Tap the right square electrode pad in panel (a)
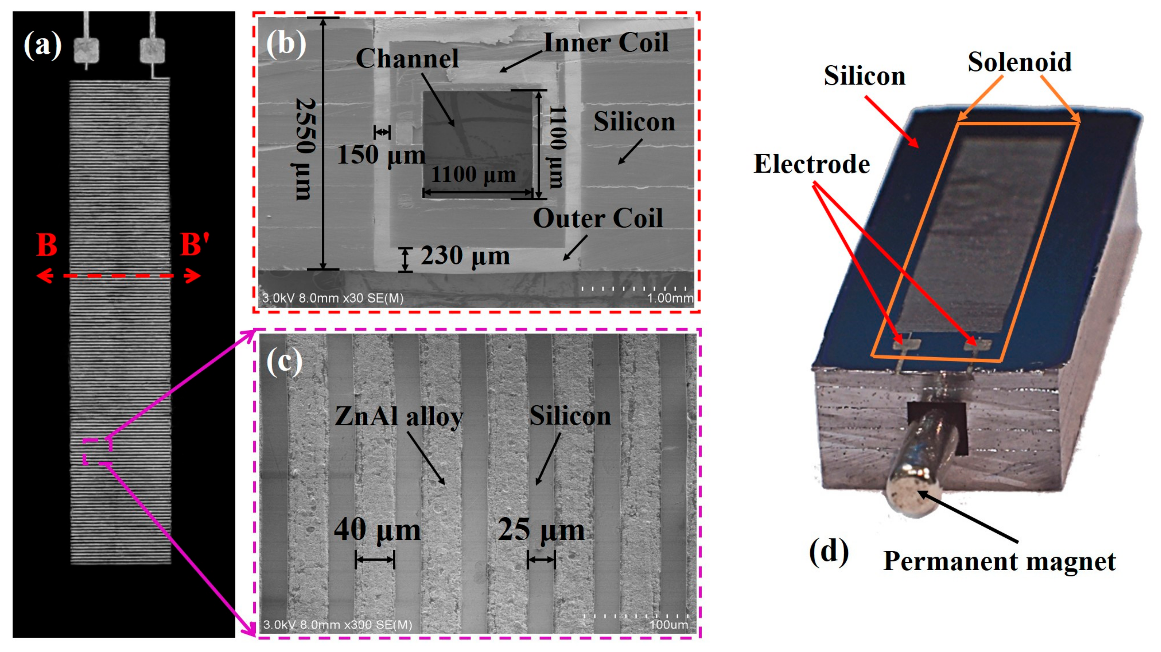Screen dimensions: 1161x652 (152, 50)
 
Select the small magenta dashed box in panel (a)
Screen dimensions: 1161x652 (97, 452)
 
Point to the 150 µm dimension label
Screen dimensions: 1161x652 (381, 155)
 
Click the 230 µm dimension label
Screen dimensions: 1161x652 (465, 256)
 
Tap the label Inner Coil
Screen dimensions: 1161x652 (606, 43)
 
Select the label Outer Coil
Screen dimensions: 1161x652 (598, 218)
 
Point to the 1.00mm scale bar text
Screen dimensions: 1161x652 (670, 298)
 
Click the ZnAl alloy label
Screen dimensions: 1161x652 (399, 416)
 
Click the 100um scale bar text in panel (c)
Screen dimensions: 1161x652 (669, 625)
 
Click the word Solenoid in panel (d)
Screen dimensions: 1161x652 (1020, 62)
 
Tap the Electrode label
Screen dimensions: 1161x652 (812, 164)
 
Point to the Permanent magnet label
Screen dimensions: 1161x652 (1000, 561)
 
